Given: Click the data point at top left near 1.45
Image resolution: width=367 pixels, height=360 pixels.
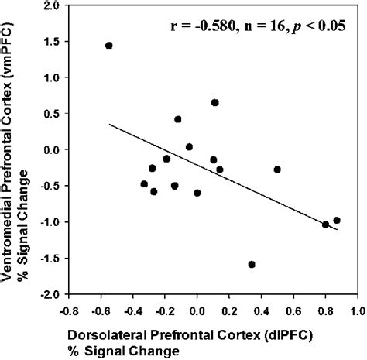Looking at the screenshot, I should pos(108,46).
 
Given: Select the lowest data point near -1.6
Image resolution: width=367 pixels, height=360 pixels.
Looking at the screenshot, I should pos(252,264).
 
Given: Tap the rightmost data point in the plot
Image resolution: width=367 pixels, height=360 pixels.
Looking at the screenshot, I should pos(336,221).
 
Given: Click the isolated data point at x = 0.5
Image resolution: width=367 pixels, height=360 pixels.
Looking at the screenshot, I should pos(277,170).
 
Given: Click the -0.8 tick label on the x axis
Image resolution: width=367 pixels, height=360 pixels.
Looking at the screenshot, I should pos(68,309).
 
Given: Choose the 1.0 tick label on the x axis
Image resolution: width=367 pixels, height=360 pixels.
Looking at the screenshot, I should pos(357,309).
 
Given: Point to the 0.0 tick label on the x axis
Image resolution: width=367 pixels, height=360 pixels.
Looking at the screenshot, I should pos(197,309).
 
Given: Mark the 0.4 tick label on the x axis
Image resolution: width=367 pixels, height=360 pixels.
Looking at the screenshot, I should pos(261,309).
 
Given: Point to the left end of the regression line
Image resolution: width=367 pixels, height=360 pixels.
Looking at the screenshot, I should pos(109,124).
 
